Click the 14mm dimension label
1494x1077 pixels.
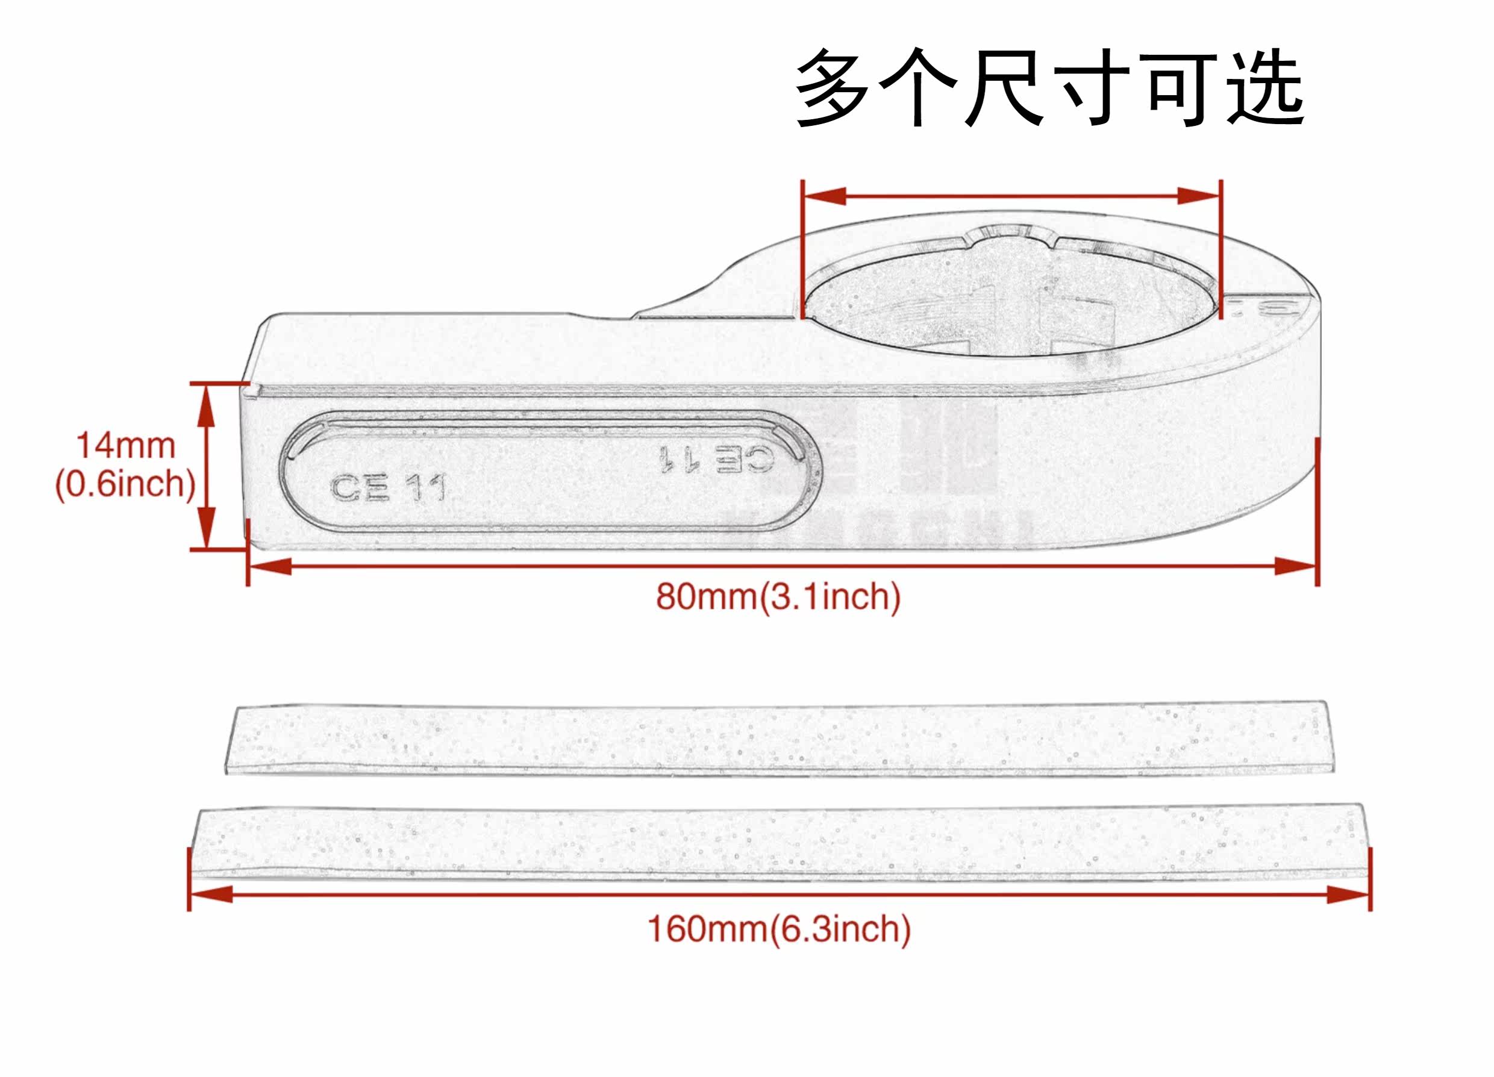click(126, 446)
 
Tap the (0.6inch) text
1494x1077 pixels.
click(125, 485)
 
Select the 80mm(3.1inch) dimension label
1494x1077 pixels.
click(778, 598)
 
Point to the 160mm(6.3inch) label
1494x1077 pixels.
click(780, 929)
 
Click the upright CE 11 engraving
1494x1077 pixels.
click(387, 488)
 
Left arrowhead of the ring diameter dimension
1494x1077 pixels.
click(824, 196)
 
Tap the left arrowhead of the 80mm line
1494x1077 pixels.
click(270, 566)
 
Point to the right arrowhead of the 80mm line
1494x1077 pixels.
click(1295, 566)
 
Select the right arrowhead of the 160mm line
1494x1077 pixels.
click(1348, 894)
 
